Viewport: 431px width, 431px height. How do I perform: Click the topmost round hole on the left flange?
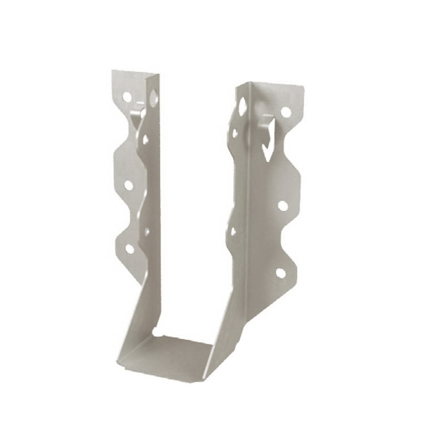(x=127, y=98)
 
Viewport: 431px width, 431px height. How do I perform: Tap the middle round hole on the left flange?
(x=129, y=185)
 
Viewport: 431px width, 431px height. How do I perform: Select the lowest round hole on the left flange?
(x=130, y=248)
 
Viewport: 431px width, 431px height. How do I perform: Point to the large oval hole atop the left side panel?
(x=154, y=98)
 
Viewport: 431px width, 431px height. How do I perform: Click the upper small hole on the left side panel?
(x=145, y=139)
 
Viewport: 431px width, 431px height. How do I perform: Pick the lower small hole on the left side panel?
(x=147, y=232)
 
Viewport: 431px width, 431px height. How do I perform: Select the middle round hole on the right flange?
(x=282, y=205)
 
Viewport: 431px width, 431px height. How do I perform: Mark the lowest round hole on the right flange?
(x=280, y=273)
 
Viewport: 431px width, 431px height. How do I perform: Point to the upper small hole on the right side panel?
(x=235, y=132)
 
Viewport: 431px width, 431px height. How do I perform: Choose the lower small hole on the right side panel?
(x=233, y=232)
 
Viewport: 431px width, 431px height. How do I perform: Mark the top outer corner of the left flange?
(x=113, y=72)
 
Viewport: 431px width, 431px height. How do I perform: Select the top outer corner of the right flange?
(x=300, y=86)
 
